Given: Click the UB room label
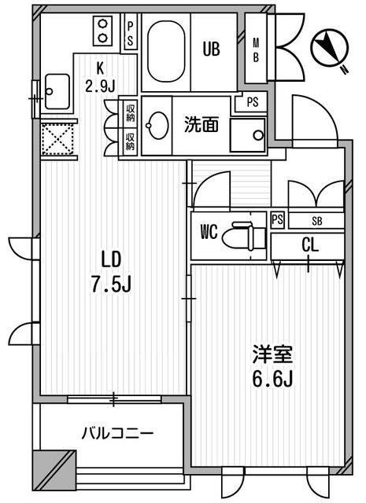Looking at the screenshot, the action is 211,49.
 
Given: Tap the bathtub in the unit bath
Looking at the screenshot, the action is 166,51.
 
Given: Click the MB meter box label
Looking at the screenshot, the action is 256,50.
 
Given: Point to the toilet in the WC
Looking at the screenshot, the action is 245,237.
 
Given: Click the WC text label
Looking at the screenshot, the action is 209,232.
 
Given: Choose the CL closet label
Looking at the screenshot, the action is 310,245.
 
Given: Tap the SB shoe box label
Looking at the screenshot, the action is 317,221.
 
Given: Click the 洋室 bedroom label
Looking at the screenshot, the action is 272,354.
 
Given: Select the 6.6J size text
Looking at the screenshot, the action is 272,379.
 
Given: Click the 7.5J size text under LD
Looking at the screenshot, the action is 111,285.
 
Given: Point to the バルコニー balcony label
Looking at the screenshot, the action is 117,434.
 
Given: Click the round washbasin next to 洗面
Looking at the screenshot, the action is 157,125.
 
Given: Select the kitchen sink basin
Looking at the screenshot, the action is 57,91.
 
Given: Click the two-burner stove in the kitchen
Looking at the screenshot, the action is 102,31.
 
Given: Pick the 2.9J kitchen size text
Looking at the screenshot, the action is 100,86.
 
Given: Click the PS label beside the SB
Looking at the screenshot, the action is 278,220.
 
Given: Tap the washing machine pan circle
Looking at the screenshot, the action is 257,135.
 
